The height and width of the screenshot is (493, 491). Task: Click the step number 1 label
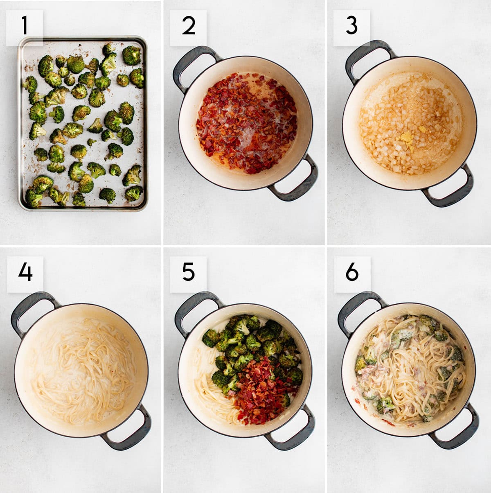pyautogui.click(x=25, y=25)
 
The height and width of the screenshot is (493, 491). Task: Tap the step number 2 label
pyautogui.click(x=188, y=25)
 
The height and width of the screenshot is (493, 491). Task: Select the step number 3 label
pyautogui.click(x=351, y=25)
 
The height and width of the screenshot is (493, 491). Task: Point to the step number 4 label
pyautogui.click(x=25, y=272)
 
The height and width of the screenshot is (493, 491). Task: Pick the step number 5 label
pyautogui.click(x=188, y=272)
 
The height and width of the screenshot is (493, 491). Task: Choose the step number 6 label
pyautogui.click(x=351, y=272)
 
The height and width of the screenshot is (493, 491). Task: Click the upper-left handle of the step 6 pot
pyautogui.click(x=356, y=307)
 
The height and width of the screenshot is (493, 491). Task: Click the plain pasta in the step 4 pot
pyautogui.click(x=82, y=369)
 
